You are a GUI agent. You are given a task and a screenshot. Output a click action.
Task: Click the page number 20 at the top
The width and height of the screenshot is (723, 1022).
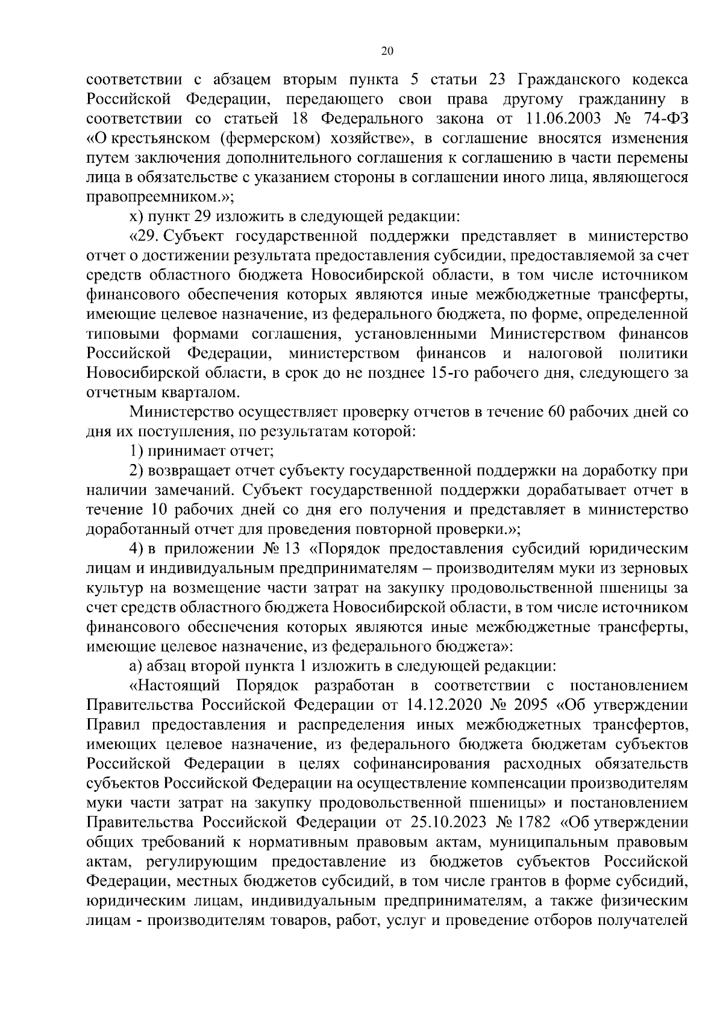(387, 51)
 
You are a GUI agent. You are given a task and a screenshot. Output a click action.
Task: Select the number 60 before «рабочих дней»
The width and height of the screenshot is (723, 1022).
(557, 412)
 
